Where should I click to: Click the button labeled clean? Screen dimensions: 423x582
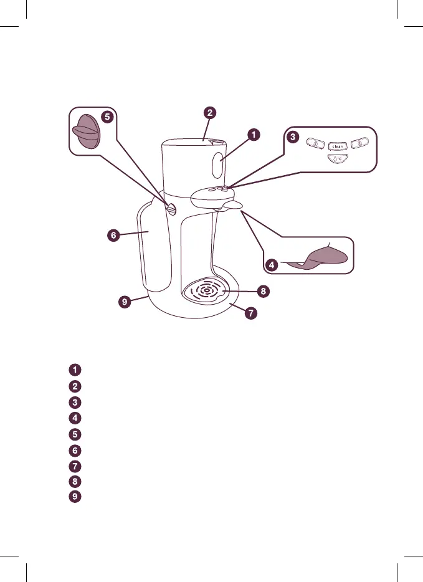pos(337,146)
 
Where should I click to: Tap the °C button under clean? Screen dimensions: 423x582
pos(337,160)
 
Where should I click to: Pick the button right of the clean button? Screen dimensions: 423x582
pos(359,145)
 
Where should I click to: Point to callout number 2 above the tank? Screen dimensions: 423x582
pos(210,113)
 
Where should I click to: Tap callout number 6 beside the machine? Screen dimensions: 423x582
pos(112,236)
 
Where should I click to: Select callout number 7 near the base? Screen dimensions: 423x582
pos(250,313)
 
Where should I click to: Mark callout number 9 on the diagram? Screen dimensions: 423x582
pos(126,302)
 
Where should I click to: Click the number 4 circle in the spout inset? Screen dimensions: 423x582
pos(272,265)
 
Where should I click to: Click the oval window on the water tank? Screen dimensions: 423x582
pos(217,166)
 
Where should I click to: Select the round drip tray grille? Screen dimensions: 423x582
pos(206,290)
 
